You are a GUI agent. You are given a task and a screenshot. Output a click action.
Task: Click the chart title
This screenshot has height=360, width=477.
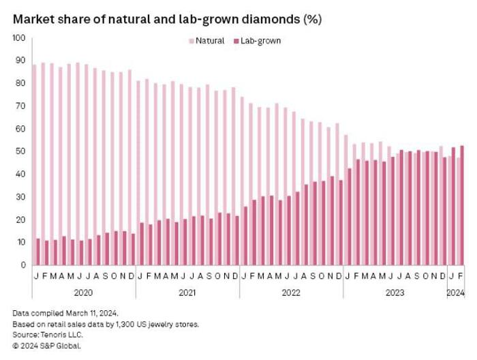pos(167,19)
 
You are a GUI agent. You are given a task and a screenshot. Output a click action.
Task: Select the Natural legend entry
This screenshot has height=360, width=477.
pos(210,41)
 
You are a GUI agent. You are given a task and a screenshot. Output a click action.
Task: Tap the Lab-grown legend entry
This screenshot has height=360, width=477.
pos(260,41)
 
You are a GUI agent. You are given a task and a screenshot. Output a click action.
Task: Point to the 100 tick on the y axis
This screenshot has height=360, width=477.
pos(18,37)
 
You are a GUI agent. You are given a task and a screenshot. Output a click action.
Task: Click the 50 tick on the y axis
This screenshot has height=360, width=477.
pos(21,151)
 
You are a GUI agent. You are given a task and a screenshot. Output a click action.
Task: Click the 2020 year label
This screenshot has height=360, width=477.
pos(83,293)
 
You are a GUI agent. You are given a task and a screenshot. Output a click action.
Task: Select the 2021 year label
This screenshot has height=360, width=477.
pos(187,293)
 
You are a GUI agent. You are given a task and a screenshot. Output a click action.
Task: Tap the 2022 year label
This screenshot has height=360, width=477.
pos(291,293)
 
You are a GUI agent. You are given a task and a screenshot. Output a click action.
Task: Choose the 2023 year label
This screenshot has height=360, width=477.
pos(395,293)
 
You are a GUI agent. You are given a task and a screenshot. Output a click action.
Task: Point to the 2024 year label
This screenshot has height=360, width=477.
pos(455,293)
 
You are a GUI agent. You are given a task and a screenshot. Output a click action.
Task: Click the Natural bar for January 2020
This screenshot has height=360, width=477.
pos(34,164)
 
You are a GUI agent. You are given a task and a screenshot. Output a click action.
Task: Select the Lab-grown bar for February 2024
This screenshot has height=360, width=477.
pos(463,205)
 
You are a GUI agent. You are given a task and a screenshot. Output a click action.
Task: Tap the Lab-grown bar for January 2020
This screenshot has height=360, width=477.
pos(38,252)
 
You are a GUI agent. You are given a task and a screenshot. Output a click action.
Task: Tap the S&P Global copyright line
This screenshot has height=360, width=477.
pos(46,346)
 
